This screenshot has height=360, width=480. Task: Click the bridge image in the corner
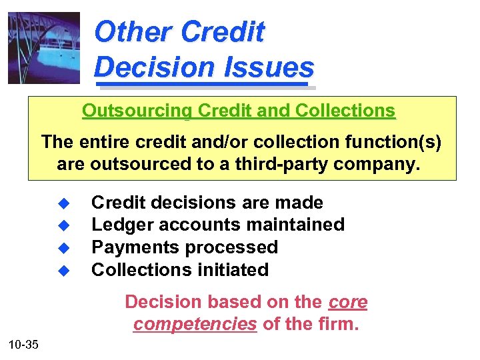(44, 48)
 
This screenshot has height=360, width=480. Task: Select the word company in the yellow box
(381, 164)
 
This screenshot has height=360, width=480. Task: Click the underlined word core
(348, 302)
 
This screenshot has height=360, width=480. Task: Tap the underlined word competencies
(195, 325)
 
